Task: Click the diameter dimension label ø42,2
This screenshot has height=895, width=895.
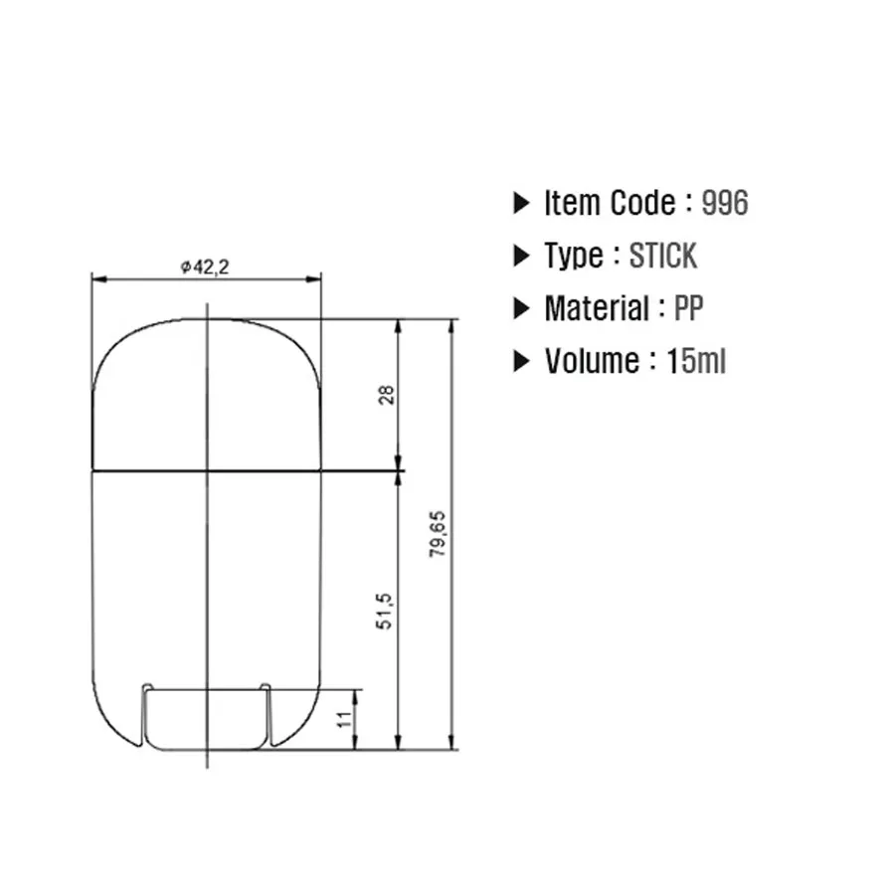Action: (205, 267)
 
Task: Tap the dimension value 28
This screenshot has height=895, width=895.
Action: (387, 395)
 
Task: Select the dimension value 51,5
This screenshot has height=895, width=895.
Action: (384, 612)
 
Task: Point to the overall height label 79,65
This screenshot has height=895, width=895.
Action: (438, 534)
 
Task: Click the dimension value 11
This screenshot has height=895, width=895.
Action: (344, 719)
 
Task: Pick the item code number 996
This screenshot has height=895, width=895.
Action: (724, 203)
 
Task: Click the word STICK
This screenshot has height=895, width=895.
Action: (662, 256)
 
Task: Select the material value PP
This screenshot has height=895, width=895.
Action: (688, 308)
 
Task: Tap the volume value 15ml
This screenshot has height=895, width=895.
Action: (696, 361)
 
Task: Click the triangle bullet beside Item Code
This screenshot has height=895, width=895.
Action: (521, 203)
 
